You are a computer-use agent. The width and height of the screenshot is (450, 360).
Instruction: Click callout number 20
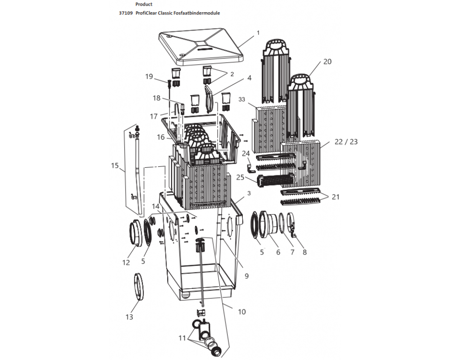[327, 62]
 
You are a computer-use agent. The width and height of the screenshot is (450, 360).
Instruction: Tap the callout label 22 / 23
[346, 142]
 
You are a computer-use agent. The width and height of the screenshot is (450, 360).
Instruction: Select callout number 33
[242, 99]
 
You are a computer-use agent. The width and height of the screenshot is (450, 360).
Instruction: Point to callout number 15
[115, 165]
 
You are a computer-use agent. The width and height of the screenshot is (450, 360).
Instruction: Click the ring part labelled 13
[139, 286]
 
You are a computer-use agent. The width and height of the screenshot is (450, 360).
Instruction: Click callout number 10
[242, 311]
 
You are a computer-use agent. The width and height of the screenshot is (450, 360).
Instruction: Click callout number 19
[149, 76]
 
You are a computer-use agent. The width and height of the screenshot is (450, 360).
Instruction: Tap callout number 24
[246, 153]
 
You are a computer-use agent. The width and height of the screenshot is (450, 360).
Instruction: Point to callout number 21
[335, 197]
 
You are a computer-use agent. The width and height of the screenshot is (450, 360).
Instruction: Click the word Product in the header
[143, 4]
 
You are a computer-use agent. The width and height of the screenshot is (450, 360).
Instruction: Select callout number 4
[249, 78]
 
